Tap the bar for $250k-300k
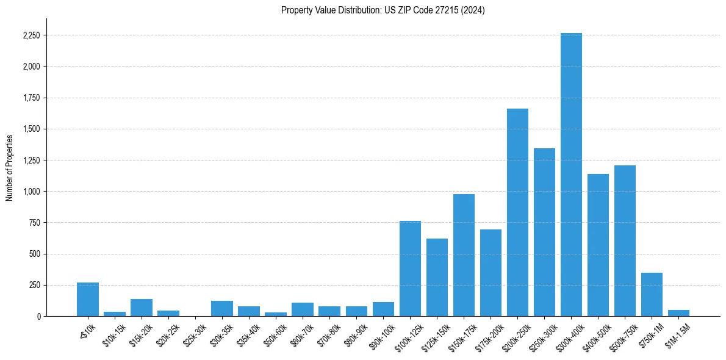click(544, 232)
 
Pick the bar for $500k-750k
click(625, 240)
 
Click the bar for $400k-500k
click(598, 245)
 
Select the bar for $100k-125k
click(410, 268)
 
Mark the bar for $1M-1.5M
click(678, 313)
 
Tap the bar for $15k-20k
click(142, 308)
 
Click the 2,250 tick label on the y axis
click(31, 35)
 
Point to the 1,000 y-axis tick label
click(31, 192)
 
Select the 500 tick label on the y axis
click(34, 254)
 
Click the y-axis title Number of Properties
click(10, 167)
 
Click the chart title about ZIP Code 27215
click(383, 10)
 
